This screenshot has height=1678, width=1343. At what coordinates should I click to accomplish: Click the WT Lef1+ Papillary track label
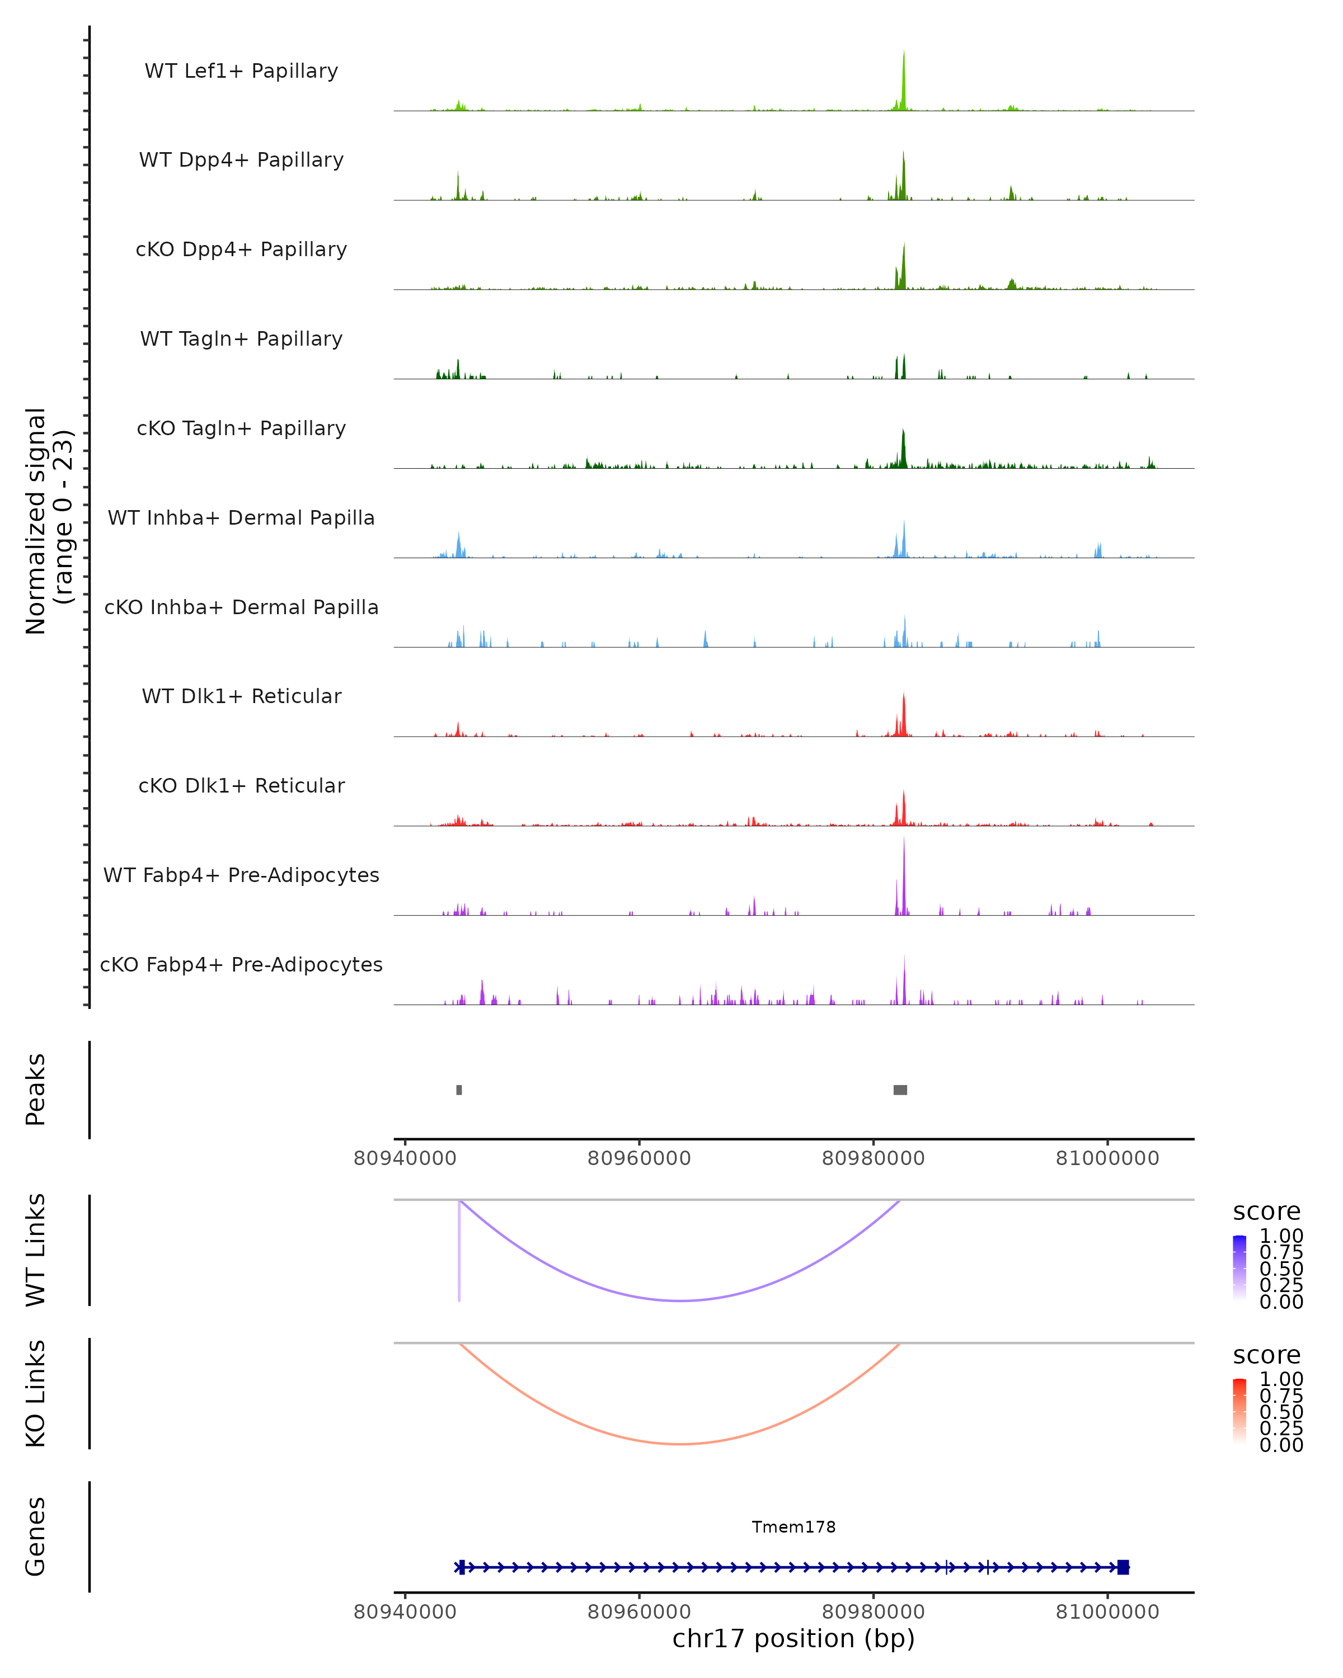point(241,71)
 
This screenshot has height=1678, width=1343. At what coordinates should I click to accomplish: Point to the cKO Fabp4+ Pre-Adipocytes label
point(241,964)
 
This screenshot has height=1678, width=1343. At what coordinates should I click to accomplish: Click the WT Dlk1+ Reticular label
point(241,696)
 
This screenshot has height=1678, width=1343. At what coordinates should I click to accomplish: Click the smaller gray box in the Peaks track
point(459,1090)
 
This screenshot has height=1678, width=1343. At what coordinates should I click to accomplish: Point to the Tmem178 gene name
point(793,1527)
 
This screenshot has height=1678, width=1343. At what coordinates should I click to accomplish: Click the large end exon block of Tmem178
point(1123,1567)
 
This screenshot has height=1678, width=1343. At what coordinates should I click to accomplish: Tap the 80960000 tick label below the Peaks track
point(639,1158)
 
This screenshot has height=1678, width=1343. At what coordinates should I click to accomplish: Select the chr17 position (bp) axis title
point(793,1639)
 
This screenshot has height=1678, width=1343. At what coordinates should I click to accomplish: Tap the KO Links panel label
point(36,1393)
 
